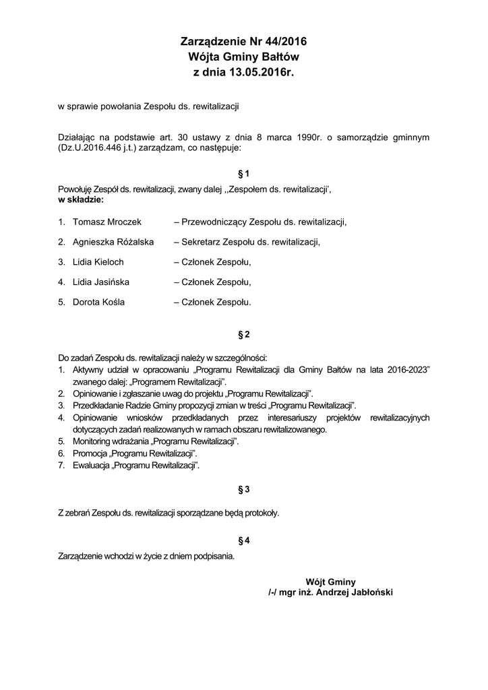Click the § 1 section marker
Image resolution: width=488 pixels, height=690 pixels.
point(244,173)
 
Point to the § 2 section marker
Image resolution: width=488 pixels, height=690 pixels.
point(244,334)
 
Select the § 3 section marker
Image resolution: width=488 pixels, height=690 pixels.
point(244,489)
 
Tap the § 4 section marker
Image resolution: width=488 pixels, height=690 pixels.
point(244,540)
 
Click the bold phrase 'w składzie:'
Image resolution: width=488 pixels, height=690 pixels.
point(80,200)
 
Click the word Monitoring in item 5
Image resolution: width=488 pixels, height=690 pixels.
point(93,441)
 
